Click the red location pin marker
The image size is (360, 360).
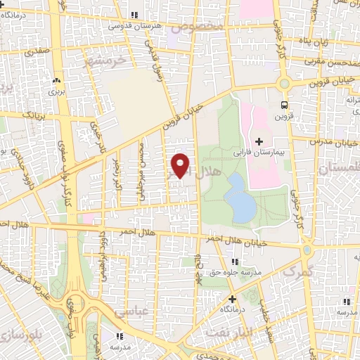(180, 165)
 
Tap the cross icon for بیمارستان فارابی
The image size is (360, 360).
(259, 142)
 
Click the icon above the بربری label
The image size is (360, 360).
(56, 82)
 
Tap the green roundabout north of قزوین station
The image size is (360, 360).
(284, 83)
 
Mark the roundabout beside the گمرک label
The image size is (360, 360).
(307, 250)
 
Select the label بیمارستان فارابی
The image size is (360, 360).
(258, 153)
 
